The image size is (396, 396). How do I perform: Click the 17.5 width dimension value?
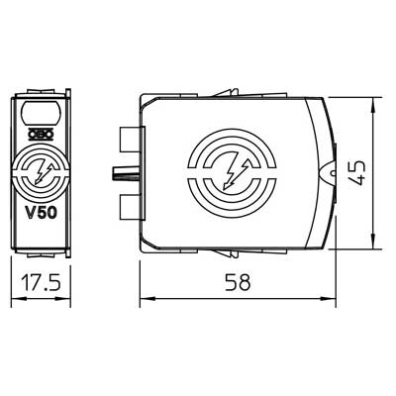41,283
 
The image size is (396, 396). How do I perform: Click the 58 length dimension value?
238,282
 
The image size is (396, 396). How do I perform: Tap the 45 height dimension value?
356,173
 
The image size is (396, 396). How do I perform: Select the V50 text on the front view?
42,213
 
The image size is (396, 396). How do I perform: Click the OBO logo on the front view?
41,135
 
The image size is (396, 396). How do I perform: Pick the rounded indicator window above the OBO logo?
42,113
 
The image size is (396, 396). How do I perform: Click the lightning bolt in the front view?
44,173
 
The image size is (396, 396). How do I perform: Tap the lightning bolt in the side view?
235,174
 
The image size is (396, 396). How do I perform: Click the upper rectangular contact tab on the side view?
130,140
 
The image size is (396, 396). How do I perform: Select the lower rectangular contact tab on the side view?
130,207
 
